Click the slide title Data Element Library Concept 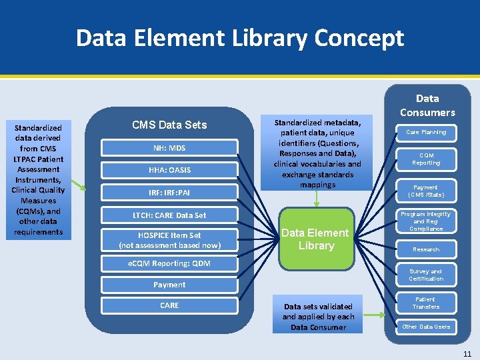click(x=240, y=38)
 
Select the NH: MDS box click(x=169, y=147)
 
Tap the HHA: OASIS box click(x=169, y=170)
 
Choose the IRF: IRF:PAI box click(x=169, y=193)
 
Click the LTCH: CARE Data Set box click(x=169, y=215)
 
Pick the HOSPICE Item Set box click(x=169, y=240)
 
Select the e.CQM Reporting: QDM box click(x=169, y=263)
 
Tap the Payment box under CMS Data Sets click(x=169, y=285)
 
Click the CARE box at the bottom click(x=169, y=305)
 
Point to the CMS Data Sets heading click(x=169, y=125)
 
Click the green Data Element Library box click(x=316, y=239)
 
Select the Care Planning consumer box click(x=426, y=133)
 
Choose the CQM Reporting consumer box click(x=426, y=159)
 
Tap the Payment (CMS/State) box click(x=426, y=191)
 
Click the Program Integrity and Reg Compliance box click(x=426, y=221)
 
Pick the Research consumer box click(x=426, y=249)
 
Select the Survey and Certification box click(x=426, y=275)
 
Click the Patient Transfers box click(x=426, y=303)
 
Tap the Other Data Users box click(x=426, y=327)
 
